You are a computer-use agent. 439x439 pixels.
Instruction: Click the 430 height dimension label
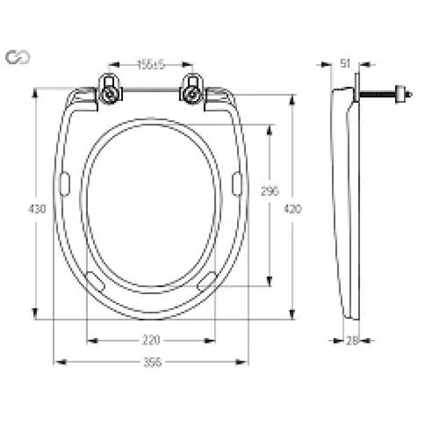coord(37,209)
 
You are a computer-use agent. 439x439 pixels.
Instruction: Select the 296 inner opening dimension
coord(270,191)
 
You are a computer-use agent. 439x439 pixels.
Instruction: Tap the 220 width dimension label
coord(151,341)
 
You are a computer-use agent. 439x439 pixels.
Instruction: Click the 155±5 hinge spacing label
coord(151,65)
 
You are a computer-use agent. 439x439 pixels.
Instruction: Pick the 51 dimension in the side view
coord(345,64)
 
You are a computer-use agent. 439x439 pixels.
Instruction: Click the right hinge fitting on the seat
coord(193,91)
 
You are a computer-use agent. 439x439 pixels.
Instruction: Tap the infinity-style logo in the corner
coord(18,57)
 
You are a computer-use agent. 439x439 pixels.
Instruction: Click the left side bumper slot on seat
coord(65,184)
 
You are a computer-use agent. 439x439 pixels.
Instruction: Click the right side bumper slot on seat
coord(237,184)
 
